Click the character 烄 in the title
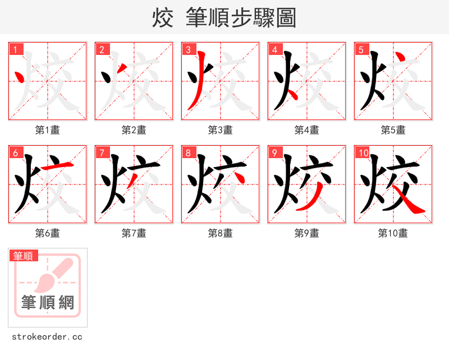click(162, 18)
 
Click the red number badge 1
click(16, 49)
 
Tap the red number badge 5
click(361, 49)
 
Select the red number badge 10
click(363, 153)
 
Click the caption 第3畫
click(220, 130)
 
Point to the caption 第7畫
click(134, 233)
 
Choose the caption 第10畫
click(393, 233)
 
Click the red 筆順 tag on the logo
click(24, 256)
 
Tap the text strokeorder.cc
click(47, 337)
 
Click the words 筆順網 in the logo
click(48, 303)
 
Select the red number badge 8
click(189, 153)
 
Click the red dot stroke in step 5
click(400, 58)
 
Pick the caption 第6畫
click(47, 233)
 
